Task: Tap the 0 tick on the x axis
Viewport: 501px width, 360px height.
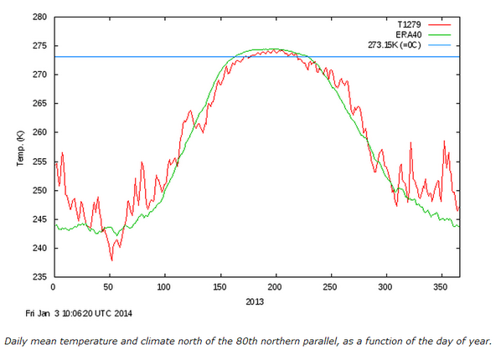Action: click(53, 287)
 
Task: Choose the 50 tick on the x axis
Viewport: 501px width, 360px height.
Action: click(109, 287)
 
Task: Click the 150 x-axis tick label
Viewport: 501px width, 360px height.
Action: click(220, 287)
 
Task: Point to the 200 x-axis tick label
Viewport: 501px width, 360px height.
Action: click(276, 287)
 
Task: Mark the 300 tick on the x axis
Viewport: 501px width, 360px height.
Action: click(387, 287)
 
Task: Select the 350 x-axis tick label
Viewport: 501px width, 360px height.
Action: click(442, 287)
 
